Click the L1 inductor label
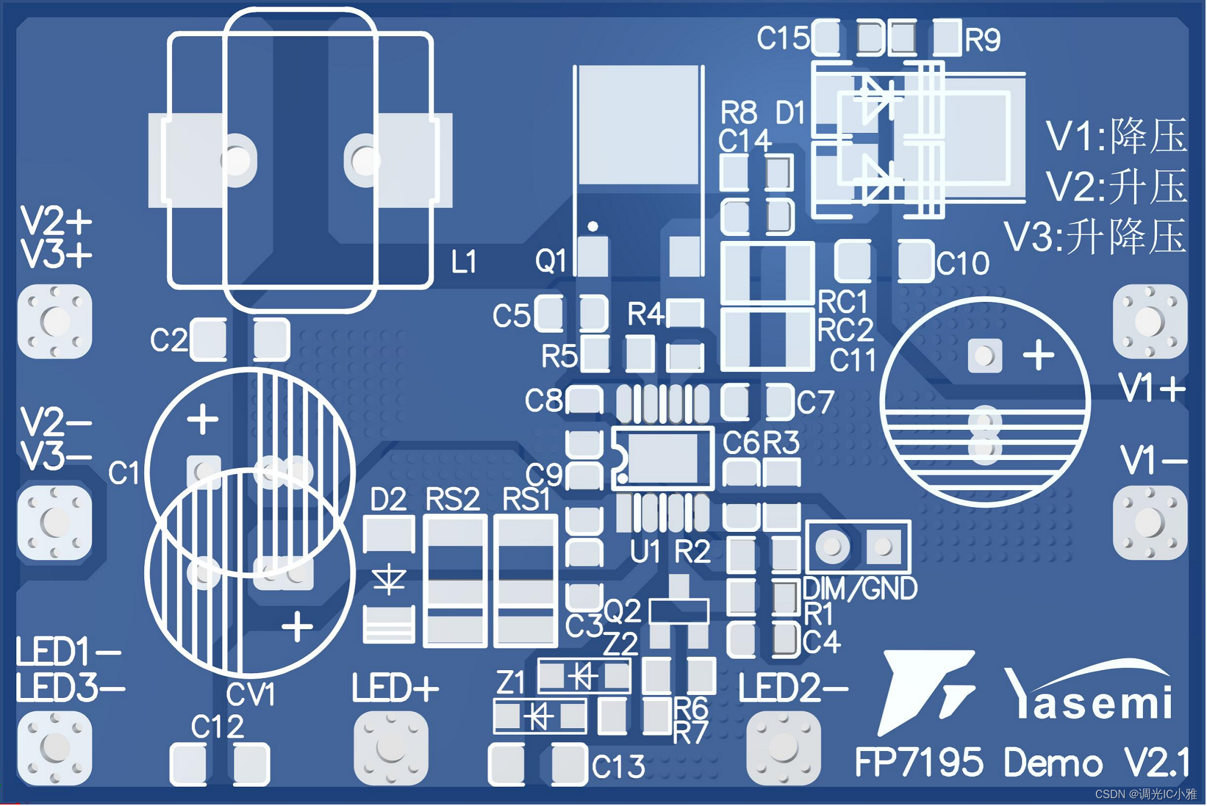463,262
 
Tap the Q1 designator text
550,261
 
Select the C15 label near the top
783,39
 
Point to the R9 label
982,40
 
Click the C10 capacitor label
963,263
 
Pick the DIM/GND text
860,589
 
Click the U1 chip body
663,459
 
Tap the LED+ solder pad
390,747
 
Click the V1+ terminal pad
1149,321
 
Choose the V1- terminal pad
1149,523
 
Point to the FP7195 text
919,763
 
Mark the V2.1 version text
1156,763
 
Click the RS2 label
452,500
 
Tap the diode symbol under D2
389,580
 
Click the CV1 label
251,694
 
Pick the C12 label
217,726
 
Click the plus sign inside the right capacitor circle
1038,354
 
